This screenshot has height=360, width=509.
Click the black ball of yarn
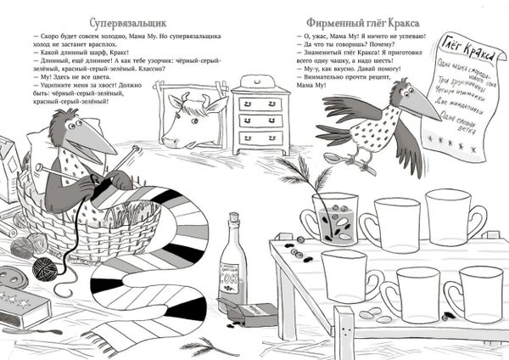point(44,271)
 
